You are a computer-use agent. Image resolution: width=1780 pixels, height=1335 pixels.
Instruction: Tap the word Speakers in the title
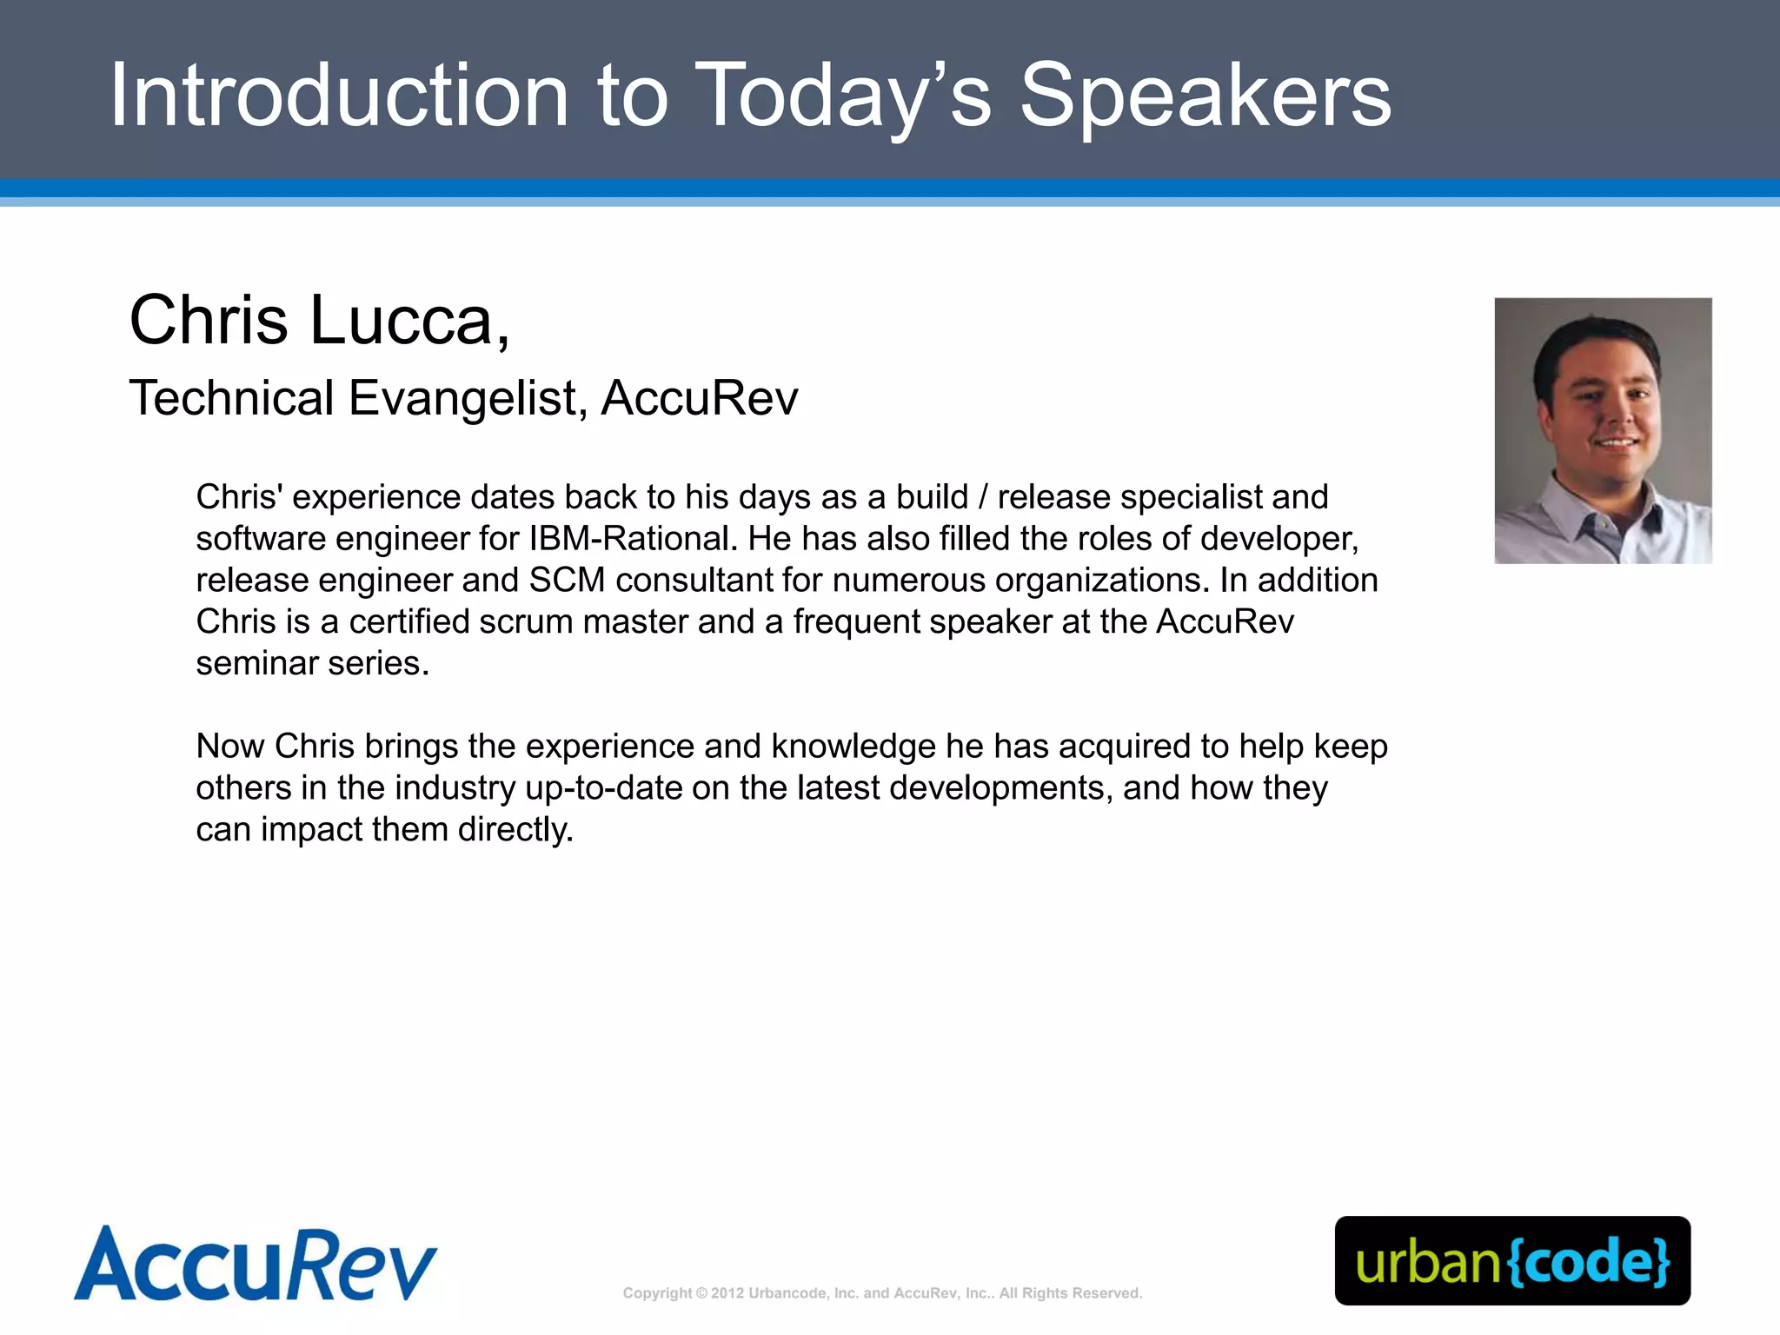tap(1205, 97)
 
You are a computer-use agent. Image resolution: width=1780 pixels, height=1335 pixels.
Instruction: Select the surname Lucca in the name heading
tap(402, 320)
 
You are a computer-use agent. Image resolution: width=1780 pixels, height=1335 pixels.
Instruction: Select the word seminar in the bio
tap(256, 664)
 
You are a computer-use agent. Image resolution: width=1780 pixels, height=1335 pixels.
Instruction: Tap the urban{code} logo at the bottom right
tap(1512, 1261)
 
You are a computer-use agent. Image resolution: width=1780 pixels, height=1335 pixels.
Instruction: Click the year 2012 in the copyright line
tap(727, 1293)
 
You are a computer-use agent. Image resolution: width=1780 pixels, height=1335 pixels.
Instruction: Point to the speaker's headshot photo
tap(1603, 430)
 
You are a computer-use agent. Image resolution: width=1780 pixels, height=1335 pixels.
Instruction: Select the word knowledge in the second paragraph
tap(853, 747)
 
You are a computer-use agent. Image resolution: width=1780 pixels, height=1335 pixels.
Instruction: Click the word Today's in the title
tap(843, 97)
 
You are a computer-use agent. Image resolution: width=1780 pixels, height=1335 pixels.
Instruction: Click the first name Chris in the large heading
tap(209, 320)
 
